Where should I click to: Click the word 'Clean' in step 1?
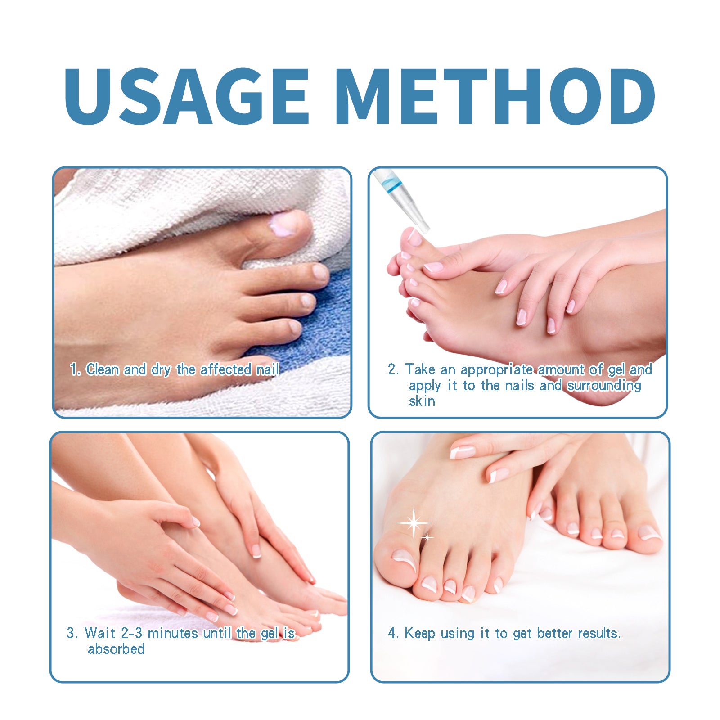(x=103, y=369)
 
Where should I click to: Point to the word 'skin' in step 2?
(x=422, y=401)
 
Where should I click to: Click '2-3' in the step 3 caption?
(x=132, y=633)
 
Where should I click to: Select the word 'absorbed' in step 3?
(x=116, y=649)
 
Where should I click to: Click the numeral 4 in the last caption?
(x=391, y=633)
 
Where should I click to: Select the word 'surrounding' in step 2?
(x=604, y=386)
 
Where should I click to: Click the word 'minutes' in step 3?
(x=173, y=633)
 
